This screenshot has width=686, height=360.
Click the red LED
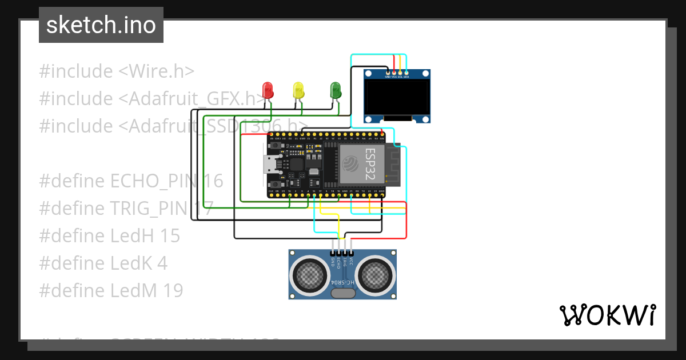(x=268, y=89)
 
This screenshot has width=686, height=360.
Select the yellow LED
(x=298, y=90)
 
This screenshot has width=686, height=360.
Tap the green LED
(x=336, y=90)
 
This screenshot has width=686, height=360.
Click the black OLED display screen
(x=398, y=97)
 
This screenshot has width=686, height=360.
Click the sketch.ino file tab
(x=101, y=25)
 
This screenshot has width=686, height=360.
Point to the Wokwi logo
(x=607, y=315)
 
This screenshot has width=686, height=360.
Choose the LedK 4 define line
(x=103, y=263)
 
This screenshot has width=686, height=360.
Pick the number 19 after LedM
(x=171, y=290)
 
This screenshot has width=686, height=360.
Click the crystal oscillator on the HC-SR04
(x=342, y=294)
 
